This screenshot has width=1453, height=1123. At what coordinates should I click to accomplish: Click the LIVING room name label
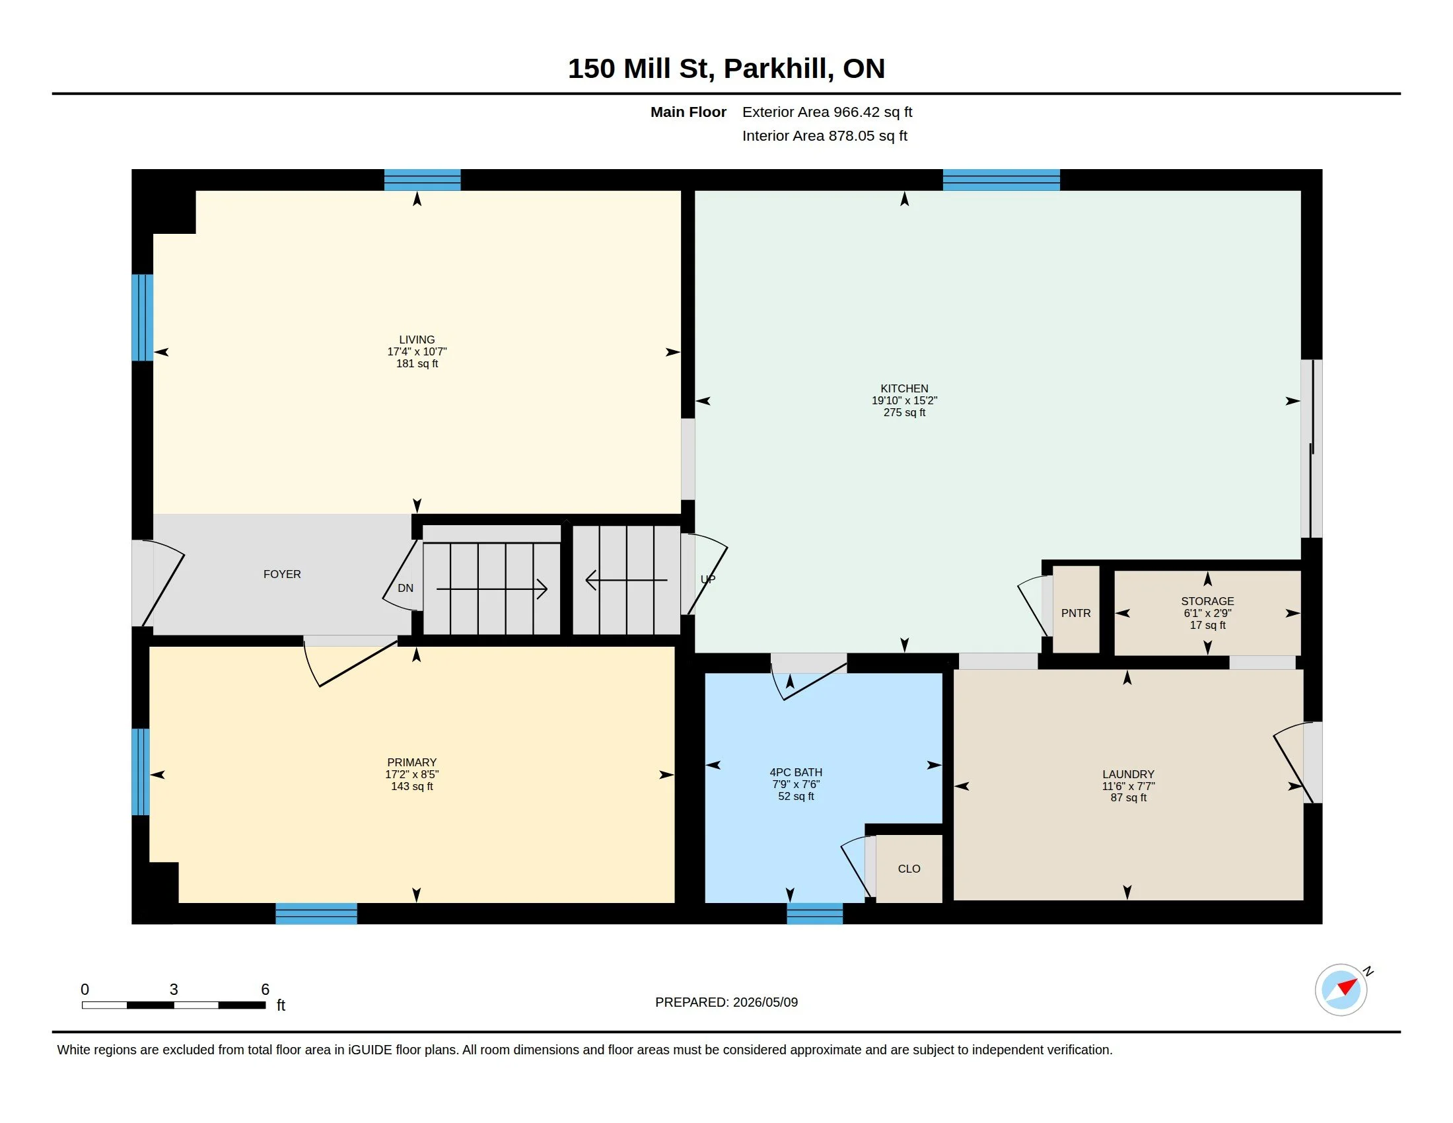point(417,340)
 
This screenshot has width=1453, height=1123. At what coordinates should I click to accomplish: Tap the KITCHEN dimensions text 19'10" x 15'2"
point(904,400)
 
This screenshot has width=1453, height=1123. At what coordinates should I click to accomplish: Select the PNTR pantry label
point(1076,614)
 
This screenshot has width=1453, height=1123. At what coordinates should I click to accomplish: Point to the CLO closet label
point(909,869)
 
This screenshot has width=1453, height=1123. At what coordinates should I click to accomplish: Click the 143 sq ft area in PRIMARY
point(412,786)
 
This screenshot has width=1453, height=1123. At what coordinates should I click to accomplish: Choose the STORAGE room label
point(1207,601)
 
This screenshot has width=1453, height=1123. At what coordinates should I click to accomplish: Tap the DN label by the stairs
point(405,588)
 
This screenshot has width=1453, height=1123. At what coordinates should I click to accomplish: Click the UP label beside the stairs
point(708,579)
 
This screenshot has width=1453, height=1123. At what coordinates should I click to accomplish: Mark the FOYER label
point(282,574)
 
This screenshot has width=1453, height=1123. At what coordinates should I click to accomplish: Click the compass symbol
point(1341,990)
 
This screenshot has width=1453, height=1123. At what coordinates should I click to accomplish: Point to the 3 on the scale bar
point(174,990)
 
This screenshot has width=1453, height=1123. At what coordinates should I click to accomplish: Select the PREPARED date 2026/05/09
point(765,1003)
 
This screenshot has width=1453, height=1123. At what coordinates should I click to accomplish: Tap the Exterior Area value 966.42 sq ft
point(873,112)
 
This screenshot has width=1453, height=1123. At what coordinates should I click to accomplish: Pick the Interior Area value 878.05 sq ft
point(868,136)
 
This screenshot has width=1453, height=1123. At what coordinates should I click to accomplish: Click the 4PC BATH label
point(796,772)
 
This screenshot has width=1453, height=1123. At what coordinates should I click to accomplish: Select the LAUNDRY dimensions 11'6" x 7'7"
point(1128,786)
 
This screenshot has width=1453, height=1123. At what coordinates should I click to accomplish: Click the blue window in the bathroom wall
point(815,914)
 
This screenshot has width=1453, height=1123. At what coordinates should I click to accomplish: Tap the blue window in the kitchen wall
point(1001,180)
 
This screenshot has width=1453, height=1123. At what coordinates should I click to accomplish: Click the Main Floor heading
point(689,112)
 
